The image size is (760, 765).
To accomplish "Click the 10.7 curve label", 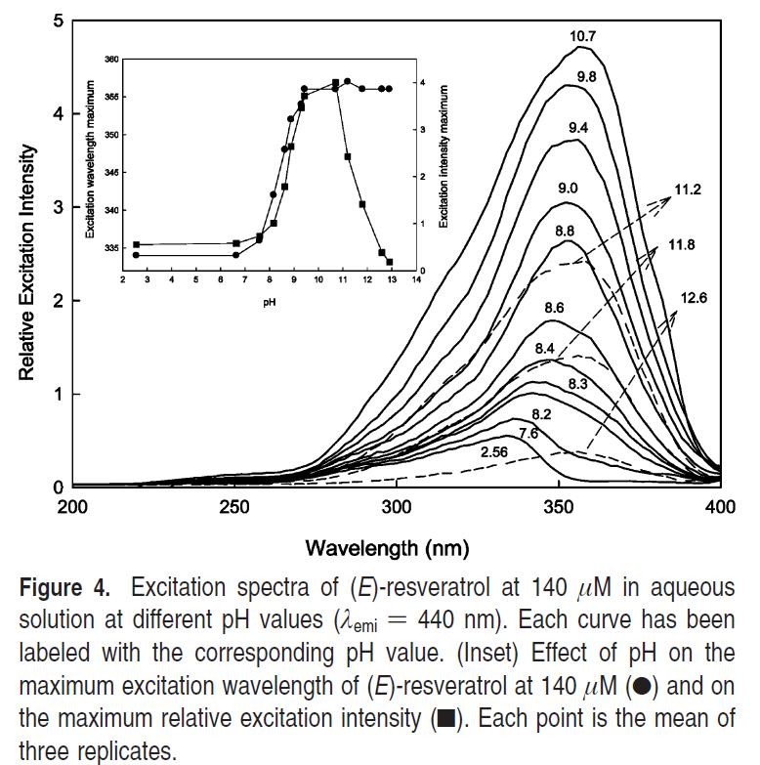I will [583, 36].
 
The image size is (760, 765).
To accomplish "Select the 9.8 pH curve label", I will [587, 76].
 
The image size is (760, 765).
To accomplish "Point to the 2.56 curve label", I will [495, 452].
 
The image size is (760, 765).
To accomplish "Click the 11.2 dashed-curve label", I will [688, 190].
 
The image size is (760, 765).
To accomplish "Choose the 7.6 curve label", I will [528, 432].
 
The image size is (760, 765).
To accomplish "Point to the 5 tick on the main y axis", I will [60, 21].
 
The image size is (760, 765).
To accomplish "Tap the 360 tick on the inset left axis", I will [110, 60].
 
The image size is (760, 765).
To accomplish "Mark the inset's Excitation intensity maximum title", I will [444, 156].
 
